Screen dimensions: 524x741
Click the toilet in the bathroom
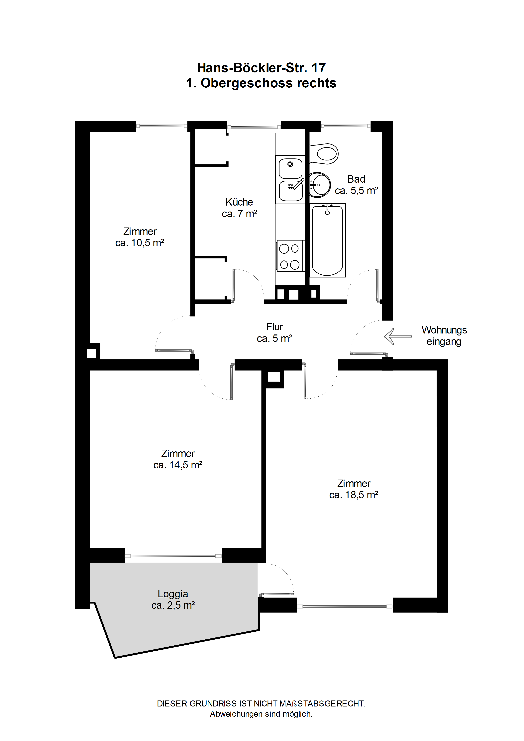[x=324, y=154]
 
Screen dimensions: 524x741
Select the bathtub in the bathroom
[x=327, y=240]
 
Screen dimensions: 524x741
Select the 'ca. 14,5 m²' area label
[x=178, y=465]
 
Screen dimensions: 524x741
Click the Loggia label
[x=173, y=594]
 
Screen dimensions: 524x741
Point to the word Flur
[x=274, y=327]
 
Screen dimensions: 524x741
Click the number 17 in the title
[x=318, y=68]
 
